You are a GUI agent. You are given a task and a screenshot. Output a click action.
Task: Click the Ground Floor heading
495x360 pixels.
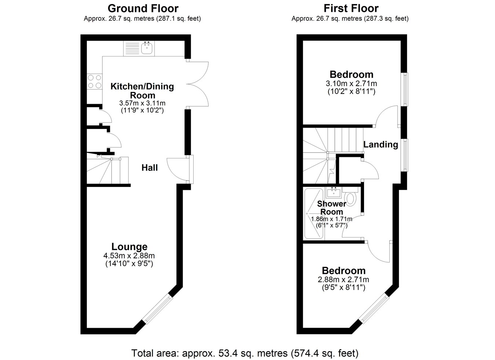click(x=143, y=9)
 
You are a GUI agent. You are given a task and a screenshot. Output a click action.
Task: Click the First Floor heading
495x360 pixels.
click(x=351, y=9)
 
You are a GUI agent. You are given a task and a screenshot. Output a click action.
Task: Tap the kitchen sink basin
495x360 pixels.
click(x=147, y=48)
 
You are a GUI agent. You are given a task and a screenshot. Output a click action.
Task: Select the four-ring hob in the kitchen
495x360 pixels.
click(x=94, y=81)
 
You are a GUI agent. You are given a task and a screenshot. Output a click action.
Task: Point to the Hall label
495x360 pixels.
click(x=150, y=168)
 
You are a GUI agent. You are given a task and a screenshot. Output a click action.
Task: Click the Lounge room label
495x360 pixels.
click(x=129, y=247)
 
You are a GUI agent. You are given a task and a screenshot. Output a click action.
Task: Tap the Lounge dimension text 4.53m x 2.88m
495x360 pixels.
click(x=129, y=256)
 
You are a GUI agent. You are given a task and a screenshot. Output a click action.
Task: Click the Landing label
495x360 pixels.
click(x=381, y=144)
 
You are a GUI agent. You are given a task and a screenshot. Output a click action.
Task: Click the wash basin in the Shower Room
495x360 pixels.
click(x=333, y=192)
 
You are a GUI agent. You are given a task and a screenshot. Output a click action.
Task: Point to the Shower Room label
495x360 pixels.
click(x=332, y=208)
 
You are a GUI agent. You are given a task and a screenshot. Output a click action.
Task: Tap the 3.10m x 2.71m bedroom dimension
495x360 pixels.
click(x=351, y=84)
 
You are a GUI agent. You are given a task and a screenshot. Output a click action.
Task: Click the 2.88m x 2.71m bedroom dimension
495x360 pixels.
click(x=344, y=280)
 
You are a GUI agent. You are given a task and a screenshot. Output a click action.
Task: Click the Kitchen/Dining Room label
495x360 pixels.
click(x=142, y=91)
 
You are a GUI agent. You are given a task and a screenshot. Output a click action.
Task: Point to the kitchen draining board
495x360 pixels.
click(x=132, y=48)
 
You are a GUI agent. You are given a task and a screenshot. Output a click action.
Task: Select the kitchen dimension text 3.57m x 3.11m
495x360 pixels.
click(x=142, y=103)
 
